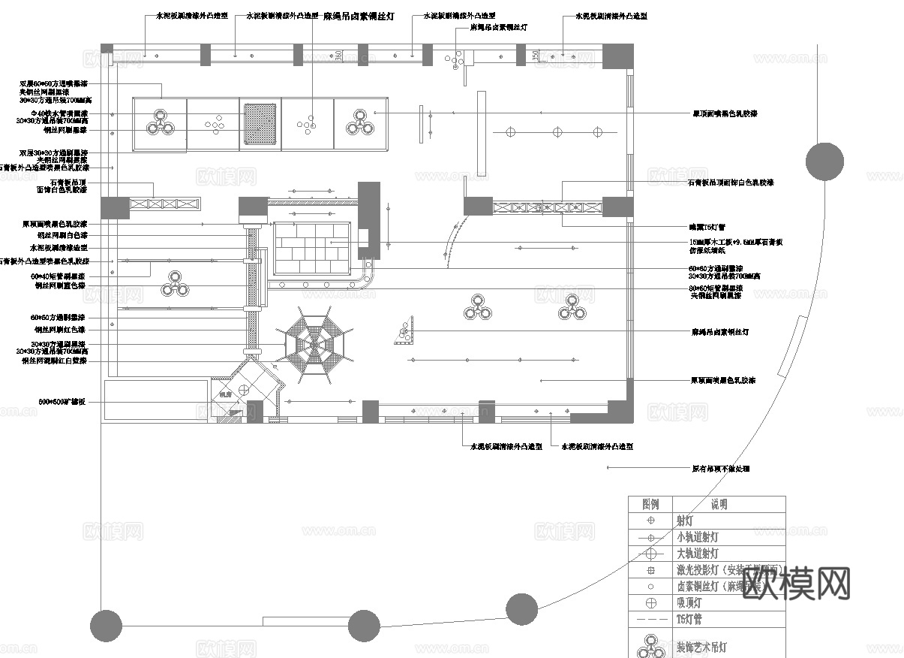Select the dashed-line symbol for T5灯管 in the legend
click(650, 620)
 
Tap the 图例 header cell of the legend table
click(650, 504)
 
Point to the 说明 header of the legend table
click(719, 504)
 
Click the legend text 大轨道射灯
click(698, 554)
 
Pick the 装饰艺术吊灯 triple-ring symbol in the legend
click(650, 646)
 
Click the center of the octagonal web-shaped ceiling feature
click(315, 345)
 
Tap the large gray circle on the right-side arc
click(824, 161)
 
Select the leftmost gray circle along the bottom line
click(106, 626)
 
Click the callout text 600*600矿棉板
click(62, 403)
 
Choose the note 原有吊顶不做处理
click(720, 469)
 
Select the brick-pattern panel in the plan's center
click(311, 248)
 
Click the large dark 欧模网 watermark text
click(797, 583)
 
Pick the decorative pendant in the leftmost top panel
click(160, 122)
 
